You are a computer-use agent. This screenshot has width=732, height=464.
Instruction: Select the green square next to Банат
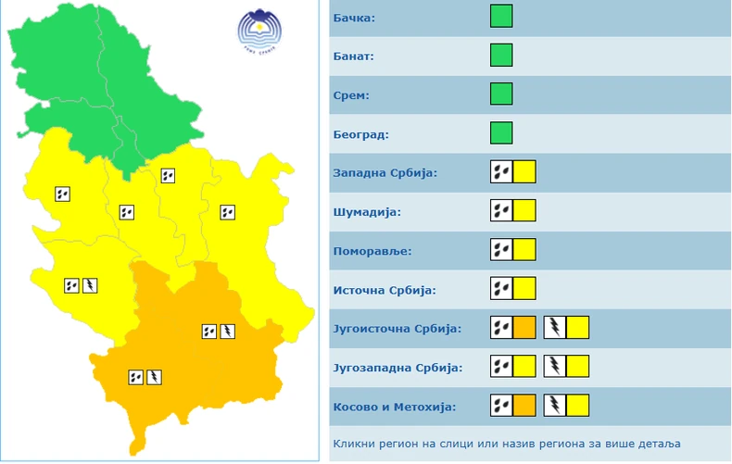tap(501, 56)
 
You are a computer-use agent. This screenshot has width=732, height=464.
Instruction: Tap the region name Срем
tap(350, 95)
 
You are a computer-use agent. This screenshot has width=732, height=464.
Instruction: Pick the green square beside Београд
tap(501, 133)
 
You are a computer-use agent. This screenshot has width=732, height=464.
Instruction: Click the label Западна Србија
tap(385, 173)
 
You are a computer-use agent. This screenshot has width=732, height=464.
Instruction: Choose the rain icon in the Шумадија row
tap(501, 211)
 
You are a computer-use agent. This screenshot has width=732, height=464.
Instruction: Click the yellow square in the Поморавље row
tap(524, 250)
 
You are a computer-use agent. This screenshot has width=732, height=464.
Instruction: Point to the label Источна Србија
tap(384, 290)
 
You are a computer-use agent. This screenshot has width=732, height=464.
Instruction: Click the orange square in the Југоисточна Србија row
tap(524, 327)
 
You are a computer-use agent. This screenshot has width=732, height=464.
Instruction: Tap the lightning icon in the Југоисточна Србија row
tap(554, 327)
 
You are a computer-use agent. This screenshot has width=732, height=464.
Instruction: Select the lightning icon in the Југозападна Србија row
tap(554, 367)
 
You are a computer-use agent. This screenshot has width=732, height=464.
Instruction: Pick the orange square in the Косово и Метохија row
tap(524, 406)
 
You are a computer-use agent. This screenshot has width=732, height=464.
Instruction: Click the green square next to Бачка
tap(501, 17)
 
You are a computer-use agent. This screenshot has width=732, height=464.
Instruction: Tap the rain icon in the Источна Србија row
tap(501, 289)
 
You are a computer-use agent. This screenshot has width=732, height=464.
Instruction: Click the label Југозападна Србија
tap(397, 368)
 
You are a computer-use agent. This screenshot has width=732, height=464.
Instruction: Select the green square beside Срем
tap(501, 94)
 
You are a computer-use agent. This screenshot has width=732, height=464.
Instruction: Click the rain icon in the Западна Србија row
tap(501, 172)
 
